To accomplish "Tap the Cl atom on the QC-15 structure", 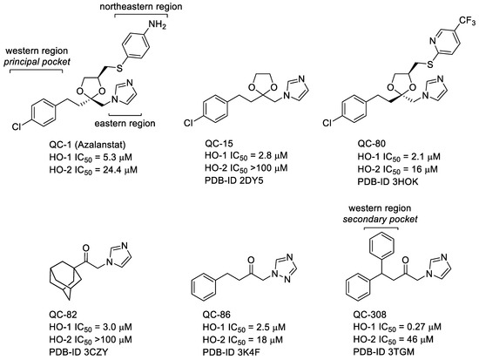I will [x=182, y=135].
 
